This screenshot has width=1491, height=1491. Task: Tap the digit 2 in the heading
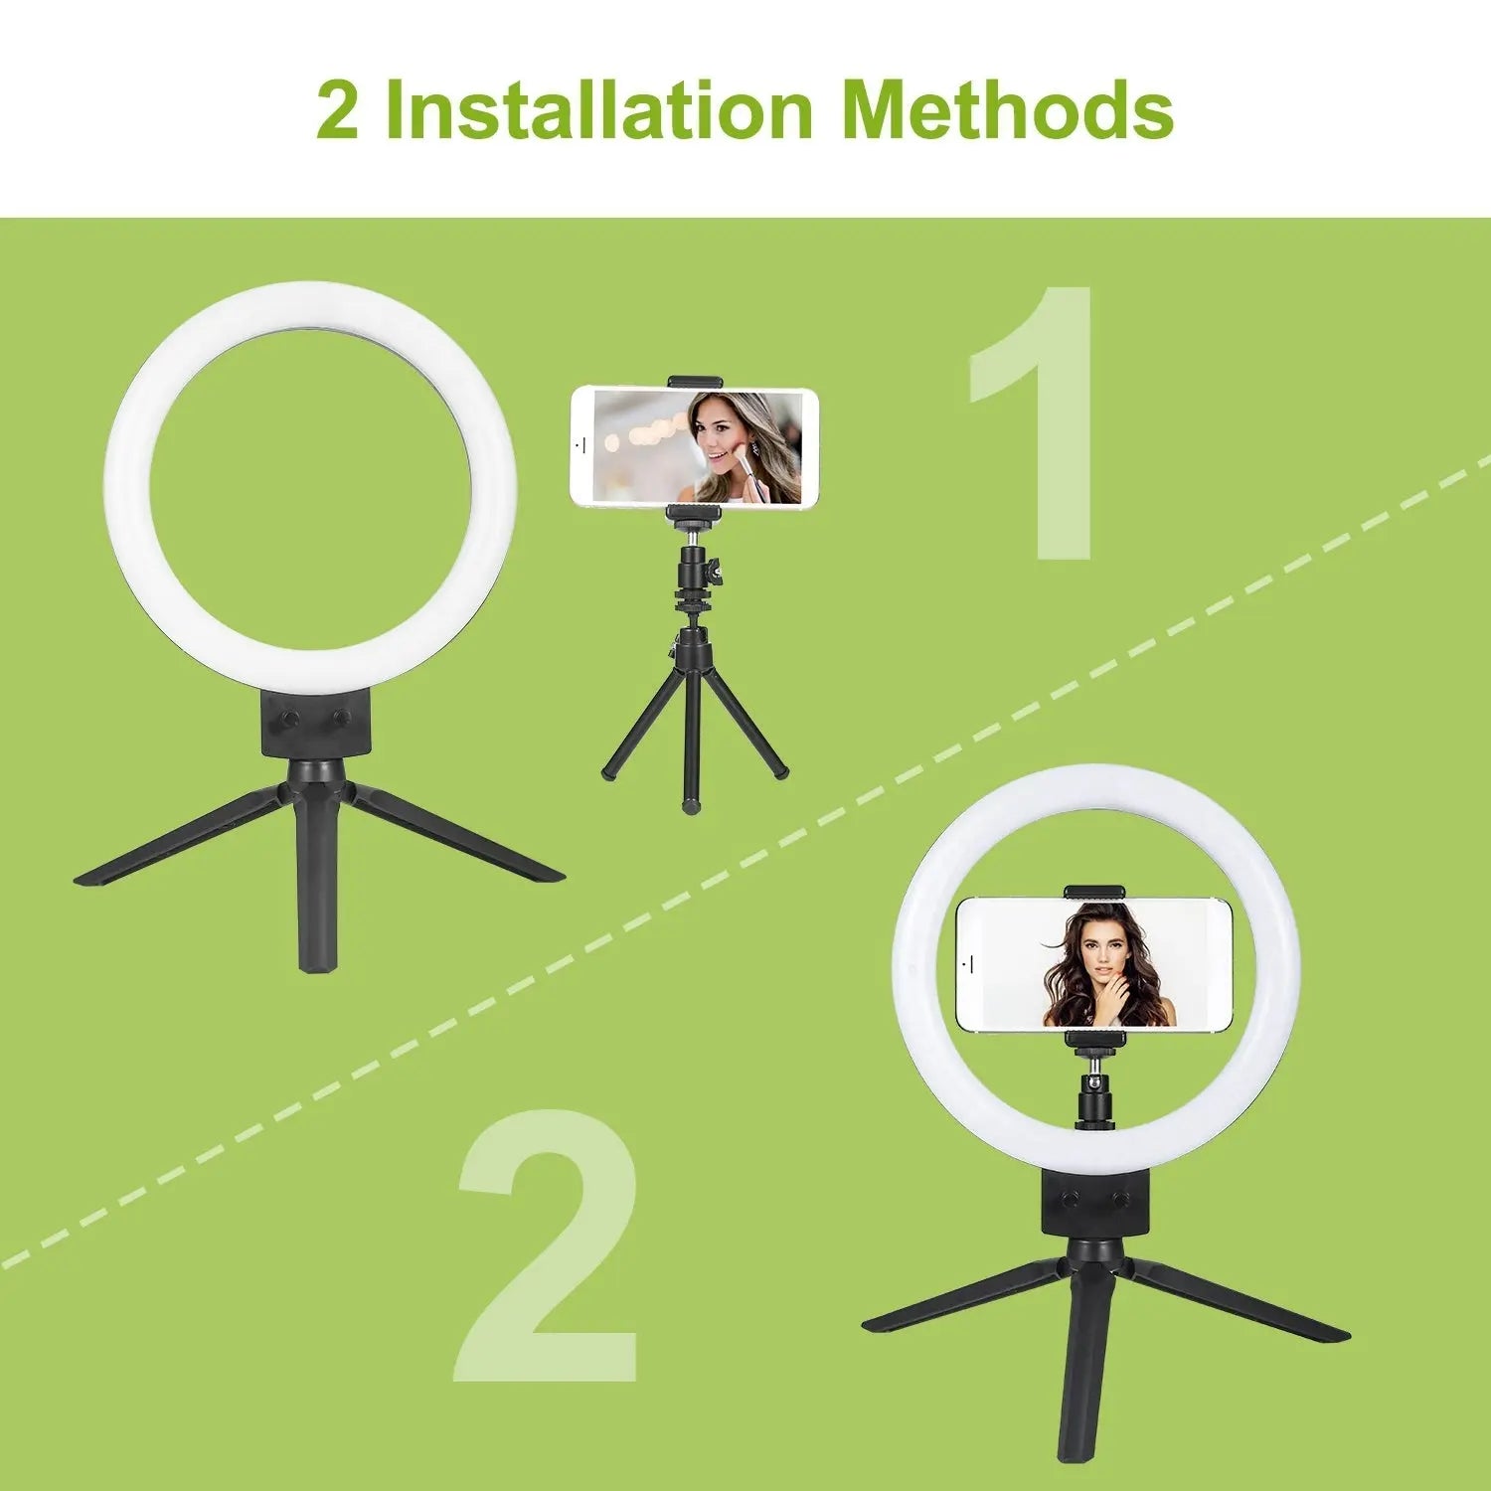(x=338, y=111)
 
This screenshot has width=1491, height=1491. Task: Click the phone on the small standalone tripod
(x=694, y=445)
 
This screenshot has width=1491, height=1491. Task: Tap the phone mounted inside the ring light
(x=1094, y=964)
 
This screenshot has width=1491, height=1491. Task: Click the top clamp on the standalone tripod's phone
(x=695, y=382)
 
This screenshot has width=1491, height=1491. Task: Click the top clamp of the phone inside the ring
(x=1094, y=892)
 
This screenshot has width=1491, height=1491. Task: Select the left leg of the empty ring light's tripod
(x=179, y=835)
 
